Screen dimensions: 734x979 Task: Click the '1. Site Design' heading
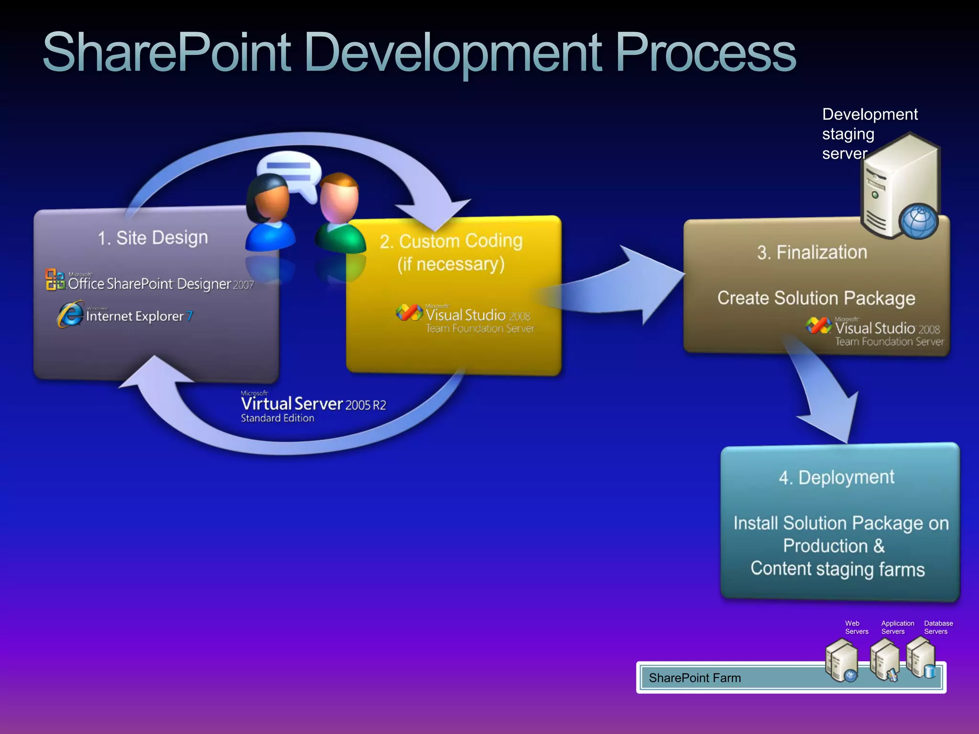pos(153,237)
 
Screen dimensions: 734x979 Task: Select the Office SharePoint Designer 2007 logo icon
pos(55,280)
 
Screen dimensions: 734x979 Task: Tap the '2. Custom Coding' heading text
pos(451,241)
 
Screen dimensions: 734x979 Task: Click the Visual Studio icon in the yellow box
pos(409,313)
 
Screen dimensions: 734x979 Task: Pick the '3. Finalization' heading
pos(812,252)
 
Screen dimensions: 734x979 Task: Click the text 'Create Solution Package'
pos(816,298)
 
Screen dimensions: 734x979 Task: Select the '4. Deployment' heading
pos(837,477)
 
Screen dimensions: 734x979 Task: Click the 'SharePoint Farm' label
pos(695,678)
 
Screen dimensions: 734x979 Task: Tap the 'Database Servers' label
pos(938,627)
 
